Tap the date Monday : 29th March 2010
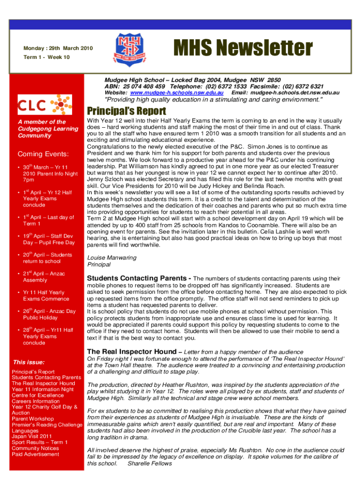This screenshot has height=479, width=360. pos(58,48)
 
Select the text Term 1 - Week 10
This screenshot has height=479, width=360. pos(47,57)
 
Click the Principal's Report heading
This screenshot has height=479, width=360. pos(126,111)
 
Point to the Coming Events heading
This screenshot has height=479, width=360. pos(43,154)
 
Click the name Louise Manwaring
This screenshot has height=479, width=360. pos(112,258)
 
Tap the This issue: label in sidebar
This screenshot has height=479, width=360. pos(29,362)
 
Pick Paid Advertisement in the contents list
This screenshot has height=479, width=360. pos(36,454)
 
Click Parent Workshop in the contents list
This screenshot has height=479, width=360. pos(33,419)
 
